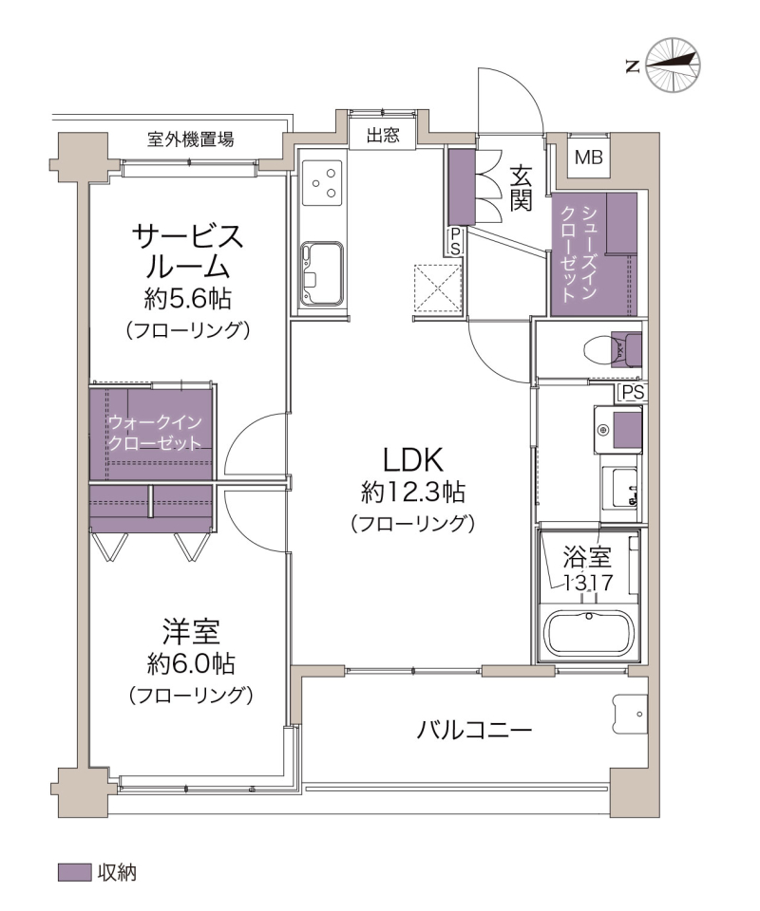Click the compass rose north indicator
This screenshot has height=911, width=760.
point(673,65)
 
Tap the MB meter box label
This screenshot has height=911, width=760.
point(588,157)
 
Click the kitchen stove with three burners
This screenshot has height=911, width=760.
point(322,182)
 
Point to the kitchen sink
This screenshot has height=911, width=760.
point(321,273)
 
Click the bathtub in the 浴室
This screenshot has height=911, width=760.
point(588,635)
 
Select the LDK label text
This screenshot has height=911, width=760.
point(413,459)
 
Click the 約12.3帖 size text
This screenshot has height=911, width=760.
point(413,493)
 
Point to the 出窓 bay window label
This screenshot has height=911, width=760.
point(383,136)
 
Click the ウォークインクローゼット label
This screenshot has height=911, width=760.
point(155,433)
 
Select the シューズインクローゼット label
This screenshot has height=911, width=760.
point(578,253)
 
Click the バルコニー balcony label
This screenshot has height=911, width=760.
point(474,730)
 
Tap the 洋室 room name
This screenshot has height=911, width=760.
point(191,633)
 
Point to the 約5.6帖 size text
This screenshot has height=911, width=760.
point(188,299)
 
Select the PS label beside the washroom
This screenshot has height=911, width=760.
point(633,393)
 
